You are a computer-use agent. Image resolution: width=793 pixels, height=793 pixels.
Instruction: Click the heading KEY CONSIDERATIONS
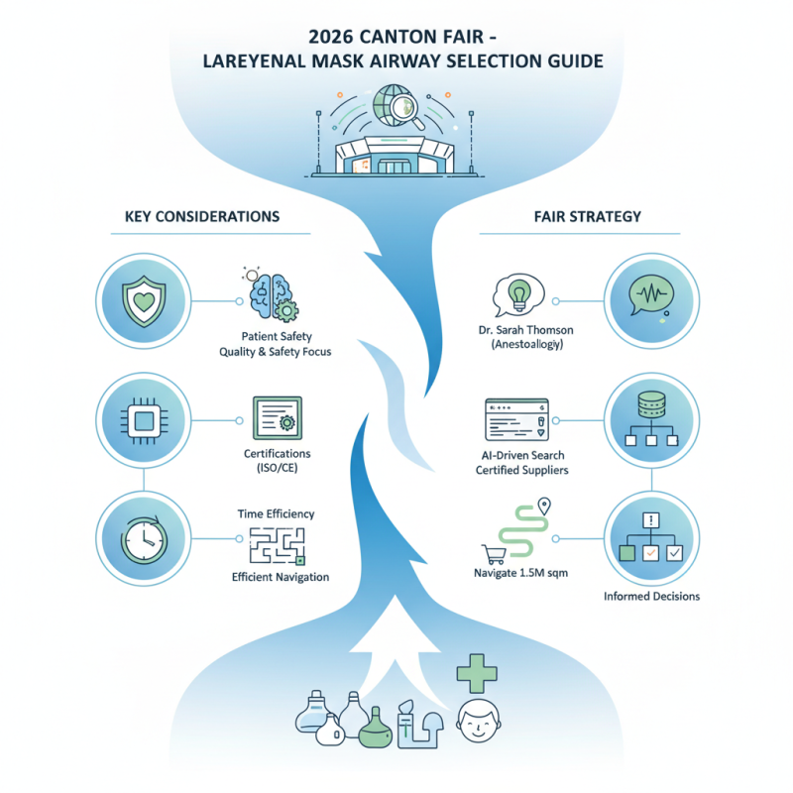point(202,215)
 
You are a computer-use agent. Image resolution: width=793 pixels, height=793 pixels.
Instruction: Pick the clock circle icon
point(142,538)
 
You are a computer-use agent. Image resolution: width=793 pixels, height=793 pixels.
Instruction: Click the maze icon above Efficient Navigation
point(278,544)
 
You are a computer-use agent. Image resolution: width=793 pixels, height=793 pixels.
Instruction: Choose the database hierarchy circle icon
point(649,418)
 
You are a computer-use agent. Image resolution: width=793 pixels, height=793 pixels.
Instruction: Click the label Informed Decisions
point(651,596)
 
